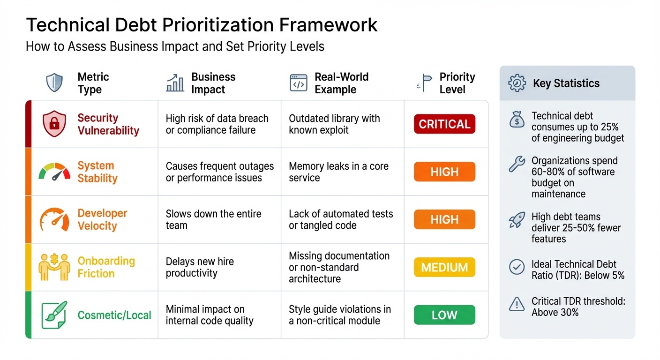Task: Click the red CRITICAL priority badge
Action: [x=444, y=124]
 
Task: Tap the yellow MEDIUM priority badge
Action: [x=444, y=267]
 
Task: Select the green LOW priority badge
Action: [x=444, y=315]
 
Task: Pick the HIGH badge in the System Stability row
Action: [x=444, y=172]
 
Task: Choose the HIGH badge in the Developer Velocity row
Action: [x=444, y=219]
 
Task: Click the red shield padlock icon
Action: [x=54, y=124]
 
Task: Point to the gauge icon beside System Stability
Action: [x=54, y=172]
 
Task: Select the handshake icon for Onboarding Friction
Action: [x=54, y=267]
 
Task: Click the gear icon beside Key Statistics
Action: [x=517, y=83]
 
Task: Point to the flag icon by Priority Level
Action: [x=426, y=83]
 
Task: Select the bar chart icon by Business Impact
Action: [x=175, y=83]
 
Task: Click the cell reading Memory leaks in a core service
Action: [x=338, y=172]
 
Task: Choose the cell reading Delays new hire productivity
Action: [x=200, y=267]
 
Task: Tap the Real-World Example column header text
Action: [x=341, y=83]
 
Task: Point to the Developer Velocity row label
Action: [x=102, y=219]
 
